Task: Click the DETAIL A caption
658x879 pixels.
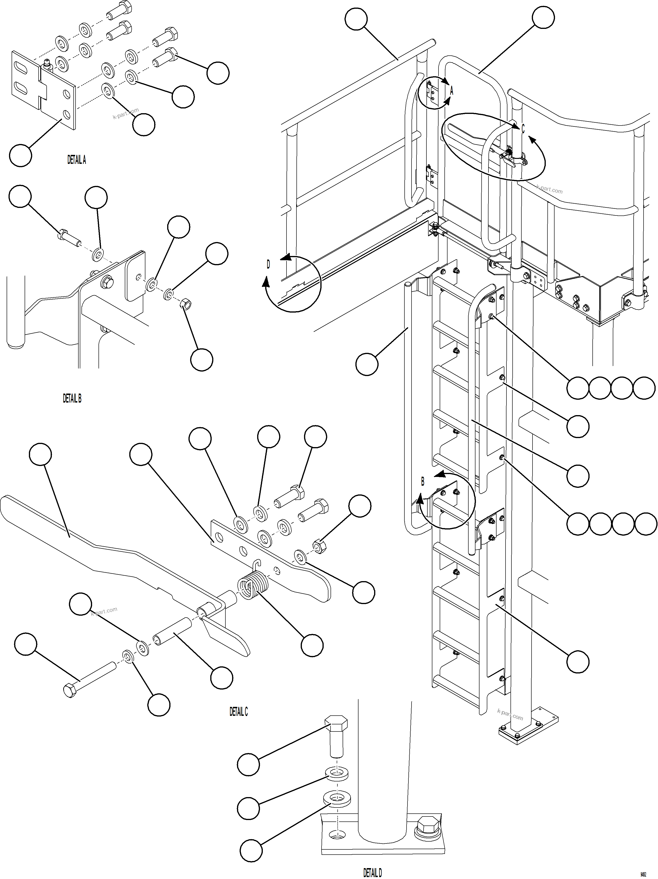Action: [76, 160]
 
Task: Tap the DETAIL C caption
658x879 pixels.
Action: [238, 712]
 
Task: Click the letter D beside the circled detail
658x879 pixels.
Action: [268, 265]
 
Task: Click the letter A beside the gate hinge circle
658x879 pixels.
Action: [451, 91]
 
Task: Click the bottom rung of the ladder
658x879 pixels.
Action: [457, 682]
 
